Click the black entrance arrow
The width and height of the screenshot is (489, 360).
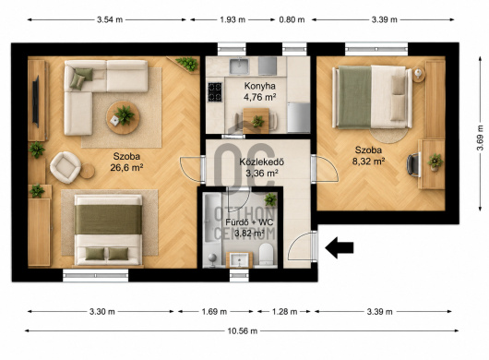[339, 247]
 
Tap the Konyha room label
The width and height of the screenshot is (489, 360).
[260, 86]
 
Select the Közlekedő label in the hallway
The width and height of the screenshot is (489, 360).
[262, 162]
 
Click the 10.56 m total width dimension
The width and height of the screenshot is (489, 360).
[243, 331]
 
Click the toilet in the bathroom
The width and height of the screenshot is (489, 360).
[266, 254]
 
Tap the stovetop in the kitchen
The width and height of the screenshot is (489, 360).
[215, 92]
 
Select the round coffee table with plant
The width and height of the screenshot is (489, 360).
[123, 117]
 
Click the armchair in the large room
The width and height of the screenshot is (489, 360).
[66, 167]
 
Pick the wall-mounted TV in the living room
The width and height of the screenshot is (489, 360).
[36, 102]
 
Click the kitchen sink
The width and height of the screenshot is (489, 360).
[239, 66]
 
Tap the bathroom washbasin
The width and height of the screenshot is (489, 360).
[239, 260]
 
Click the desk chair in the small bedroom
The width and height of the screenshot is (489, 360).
[414, 164]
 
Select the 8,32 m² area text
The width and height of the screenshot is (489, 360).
[368, 162]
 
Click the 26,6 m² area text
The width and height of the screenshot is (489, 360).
[126, 168]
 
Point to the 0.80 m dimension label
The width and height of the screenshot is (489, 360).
[292, 19]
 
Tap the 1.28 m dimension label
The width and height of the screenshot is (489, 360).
[284, 312]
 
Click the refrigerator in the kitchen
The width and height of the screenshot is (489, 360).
[298, 117]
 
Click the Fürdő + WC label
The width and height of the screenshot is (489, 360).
[249, 222]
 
